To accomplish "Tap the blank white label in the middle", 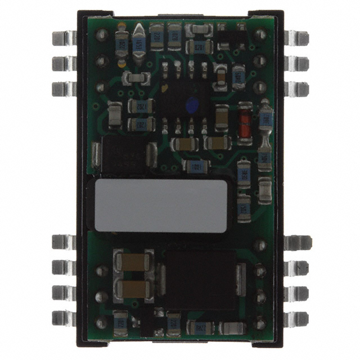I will [x=161, y=205].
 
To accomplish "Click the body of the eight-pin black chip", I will [x=183, y=96].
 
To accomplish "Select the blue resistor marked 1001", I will [x=196, y=166].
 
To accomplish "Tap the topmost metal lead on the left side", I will [x=64, y=38].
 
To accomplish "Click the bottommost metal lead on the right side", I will [x=296, y=318].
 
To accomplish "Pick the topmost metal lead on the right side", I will [x=296, y=38].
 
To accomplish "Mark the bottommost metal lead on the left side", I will [x=64, y=318].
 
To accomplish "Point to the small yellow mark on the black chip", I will [x=164, y=88].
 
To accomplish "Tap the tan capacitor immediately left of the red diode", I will [x=222, y=116].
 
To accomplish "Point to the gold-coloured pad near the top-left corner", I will [x=121, y=25].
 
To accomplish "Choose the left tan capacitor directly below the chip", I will [x=183, y=144].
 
